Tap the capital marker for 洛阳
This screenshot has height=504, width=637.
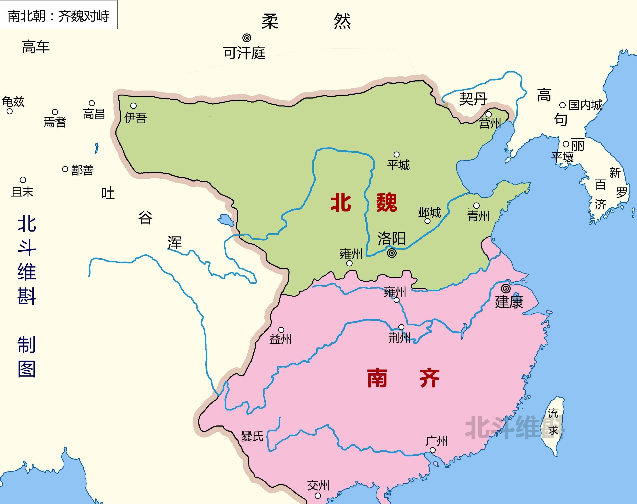(x=391, y=253)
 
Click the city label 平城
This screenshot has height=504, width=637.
(x=398, y=165)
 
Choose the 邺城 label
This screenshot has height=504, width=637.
(x=429, y=212)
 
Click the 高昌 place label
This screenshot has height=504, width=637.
(x=94, y=114)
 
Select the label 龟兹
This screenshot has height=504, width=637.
(x=13, y=102)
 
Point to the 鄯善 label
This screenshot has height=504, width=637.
(x=83, y=170)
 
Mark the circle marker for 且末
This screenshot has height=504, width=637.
(x=23, y=180)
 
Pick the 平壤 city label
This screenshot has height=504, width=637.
(x=562, y=157)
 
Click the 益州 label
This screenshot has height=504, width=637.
(x=280, y=339)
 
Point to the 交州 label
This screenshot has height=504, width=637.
(x=318, y=485)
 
